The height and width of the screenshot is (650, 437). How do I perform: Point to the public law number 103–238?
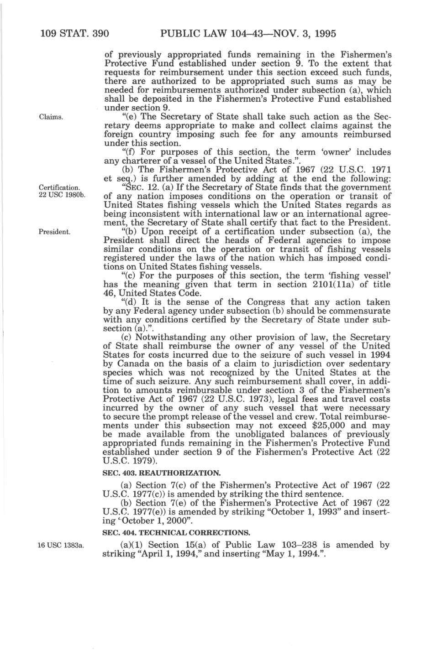coord(298,545)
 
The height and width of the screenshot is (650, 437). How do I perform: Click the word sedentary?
coord(368,364)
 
